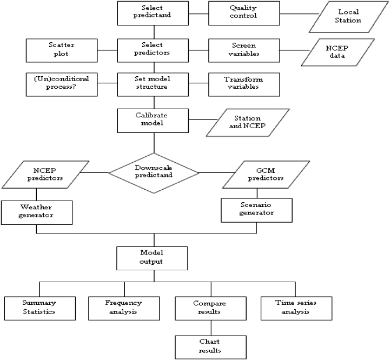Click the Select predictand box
[153, 13]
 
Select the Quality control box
[244, 13]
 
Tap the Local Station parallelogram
[349, 17]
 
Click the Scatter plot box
[62, 50]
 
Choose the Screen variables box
[244, 50]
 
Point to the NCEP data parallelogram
[338, 52]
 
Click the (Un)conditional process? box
[62, 84]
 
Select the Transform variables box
[244, 84]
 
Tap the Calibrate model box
[153, 121]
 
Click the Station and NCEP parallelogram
[248, 123]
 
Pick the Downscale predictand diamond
[154, 173]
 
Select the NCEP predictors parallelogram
[45, 175]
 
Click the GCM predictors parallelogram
[266, 175]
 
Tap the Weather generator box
[37, 212]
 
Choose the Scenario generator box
[256, 210]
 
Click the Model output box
[152, 258]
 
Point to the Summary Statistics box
[40, 309]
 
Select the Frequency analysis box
[124, 309]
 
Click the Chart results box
[211, 347]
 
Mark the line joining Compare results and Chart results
[211, 328]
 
